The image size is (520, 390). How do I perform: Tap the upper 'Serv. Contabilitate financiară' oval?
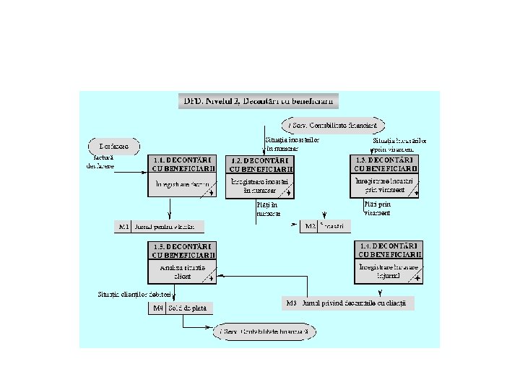coord(333,125)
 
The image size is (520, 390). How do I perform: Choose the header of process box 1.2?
coord(260,164)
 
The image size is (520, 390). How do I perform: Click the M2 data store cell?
coord(310,227)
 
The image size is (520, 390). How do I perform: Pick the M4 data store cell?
coord(157,308)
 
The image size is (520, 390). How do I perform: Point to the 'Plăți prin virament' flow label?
coord(376,209)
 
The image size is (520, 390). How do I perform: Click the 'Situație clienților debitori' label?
coord(134,295)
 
